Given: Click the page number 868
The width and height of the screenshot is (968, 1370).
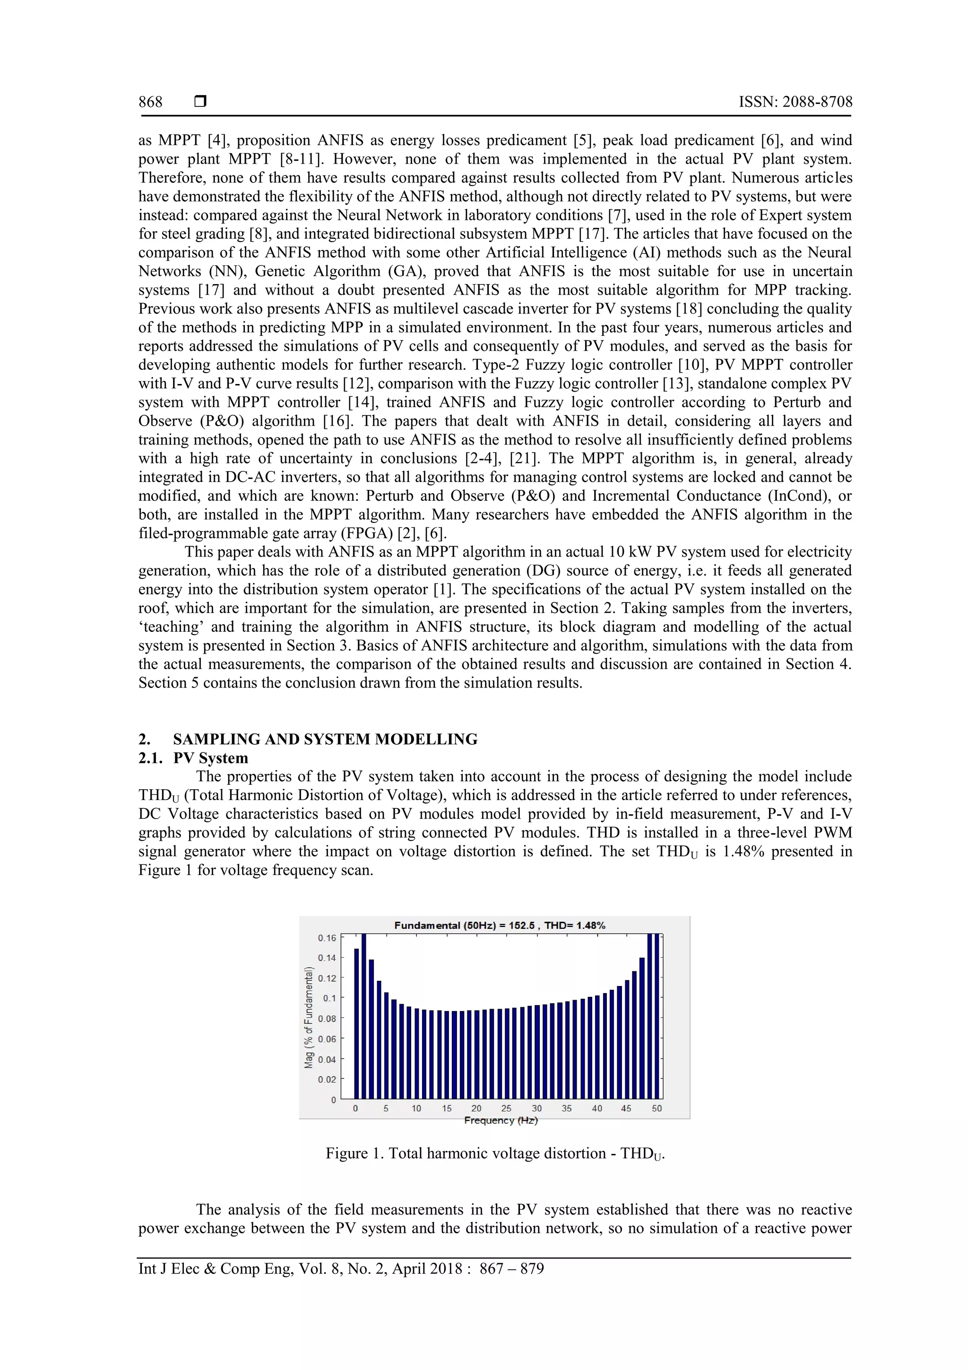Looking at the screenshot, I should click(150, 102).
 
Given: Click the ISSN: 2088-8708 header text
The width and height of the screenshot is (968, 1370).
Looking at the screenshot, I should click(795, 102).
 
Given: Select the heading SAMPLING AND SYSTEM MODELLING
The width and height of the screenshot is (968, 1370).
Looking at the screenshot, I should click(325, 739).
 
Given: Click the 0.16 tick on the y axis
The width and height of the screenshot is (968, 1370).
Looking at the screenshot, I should click(327, 938).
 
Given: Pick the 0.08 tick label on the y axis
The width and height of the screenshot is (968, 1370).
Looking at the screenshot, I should click(327, 1019).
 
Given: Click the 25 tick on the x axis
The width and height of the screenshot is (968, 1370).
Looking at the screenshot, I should click(506, 1108).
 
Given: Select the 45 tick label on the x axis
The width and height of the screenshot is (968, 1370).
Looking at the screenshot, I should click(626, 1108).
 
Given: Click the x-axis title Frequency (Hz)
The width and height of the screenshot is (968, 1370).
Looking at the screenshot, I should click(501, 1121).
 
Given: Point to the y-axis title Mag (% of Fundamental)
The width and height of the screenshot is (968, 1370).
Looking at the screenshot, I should click(309, 1017).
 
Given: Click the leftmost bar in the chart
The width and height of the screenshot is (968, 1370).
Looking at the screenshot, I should click(357, 1023).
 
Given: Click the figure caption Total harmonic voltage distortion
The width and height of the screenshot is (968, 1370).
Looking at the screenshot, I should click(495, 1153).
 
